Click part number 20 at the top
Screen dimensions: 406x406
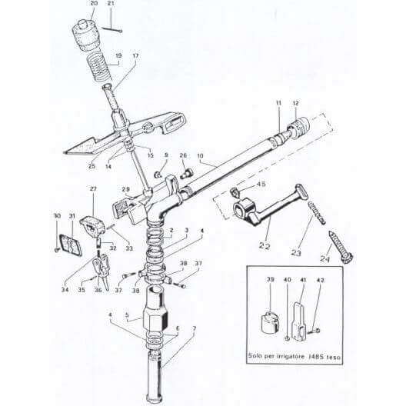point(93,4)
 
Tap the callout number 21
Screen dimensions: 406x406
point(110,4)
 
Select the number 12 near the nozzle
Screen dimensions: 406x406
point(295,103)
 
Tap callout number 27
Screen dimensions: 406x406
point(93,188)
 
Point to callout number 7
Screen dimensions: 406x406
point(194,328)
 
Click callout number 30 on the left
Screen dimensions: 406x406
point(56,216)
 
